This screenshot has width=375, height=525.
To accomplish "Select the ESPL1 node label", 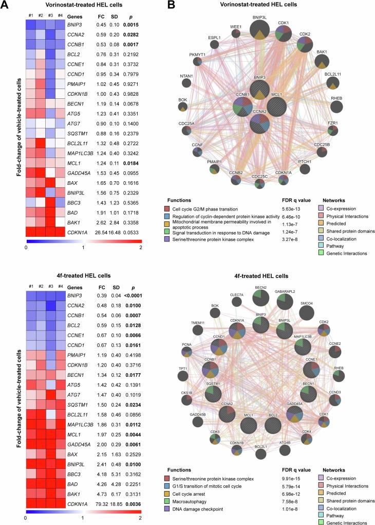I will (x=214, y=38).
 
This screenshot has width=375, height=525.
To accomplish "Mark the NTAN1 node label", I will (x=186, y=77).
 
